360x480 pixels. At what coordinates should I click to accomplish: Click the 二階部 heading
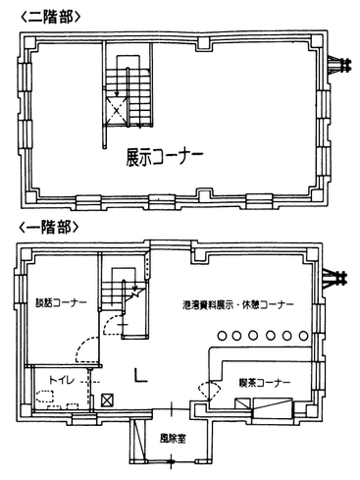40,16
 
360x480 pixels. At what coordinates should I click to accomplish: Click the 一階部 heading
40,227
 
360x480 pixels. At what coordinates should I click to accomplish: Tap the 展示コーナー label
164,157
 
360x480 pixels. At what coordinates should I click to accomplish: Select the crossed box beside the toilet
107,400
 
